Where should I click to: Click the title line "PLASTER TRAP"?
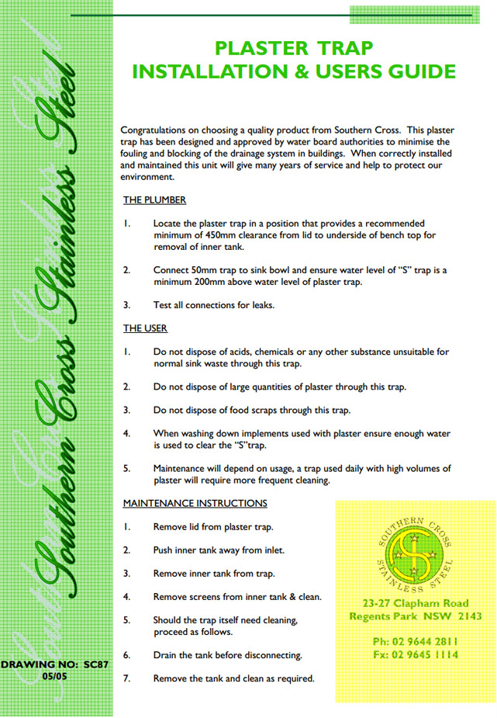coord(294,49)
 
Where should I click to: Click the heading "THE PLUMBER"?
coord(154,200)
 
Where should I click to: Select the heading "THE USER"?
coord(145,328)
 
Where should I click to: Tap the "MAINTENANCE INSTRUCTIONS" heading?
coord(195,503)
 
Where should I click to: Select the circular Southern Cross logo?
coord(412,551)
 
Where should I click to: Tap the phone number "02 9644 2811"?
coord(425,641)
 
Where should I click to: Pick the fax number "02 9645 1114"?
coord(425,654)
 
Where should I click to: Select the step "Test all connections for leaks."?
coord(214,305)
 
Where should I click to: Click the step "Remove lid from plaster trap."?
coord(213,527)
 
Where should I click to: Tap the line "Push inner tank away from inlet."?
coord(219,550)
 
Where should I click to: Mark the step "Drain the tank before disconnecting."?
coord(228,655)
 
